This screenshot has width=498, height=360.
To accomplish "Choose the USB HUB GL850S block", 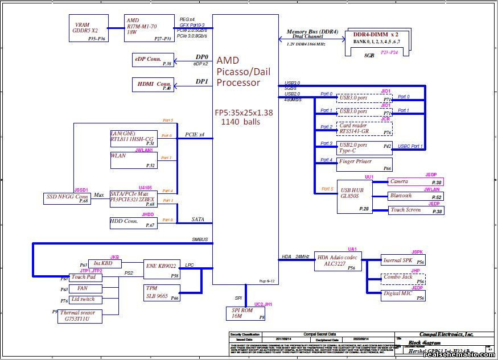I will [355, 197].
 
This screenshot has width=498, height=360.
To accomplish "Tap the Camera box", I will [415, 182].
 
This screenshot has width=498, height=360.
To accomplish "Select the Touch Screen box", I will [415, 210].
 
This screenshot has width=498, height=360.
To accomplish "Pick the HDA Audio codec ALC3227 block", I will [338, 262].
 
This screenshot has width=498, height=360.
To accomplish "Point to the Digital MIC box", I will [404, 295].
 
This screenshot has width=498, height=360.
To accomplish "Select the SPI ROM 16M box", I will [245, 313].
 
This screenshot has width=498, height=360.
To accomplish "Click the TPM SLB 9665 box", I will [162, 292].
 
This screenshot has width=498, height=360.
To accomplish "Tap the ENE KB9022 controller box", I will [162, 269].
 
